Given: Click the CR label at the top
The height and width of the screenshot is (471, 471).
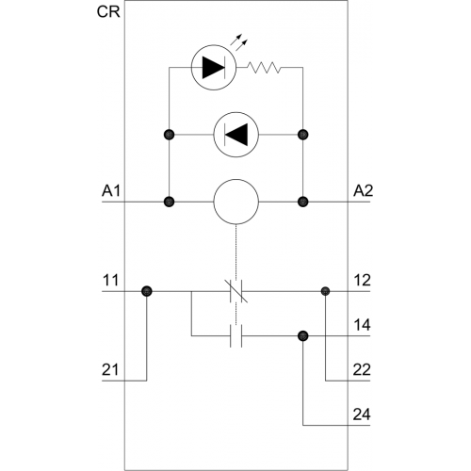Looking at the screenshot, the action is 108,12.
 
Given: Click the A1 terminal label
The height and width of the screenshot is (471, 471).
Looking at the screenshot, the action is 111,190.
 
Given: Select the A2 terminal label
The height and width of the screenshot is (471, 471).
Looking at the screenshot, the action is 363,190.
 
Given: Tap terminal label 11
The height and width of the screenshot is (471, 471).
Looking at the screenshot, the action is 110,280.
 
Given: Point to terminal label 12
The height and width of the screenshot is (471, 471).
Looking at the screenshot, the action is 363,280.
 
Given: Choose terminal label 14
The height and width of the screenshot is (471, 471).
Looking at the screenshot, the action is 363,325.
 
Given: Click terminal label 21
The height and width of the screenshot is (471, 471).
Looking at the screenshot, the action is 110,369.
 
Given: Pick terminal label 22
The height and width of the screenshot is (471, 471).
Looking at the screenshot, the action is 362,369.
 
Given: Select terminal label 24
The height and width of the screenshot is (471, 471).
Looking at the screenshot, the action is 362,414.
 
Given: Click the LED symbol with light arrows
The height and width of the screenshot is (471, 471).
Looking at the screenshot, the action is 214,68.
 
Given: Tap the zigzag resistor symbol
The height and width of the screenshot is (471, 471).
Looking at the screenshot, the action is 264,68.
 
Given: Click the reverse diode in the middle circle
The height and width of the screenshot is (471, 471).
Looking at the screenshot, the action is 236,135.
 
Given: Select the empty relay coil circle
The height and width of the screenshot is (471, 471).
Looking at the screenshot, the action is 236,202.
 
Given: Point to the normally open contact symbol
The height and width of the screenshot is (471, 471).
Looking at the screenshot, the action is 236,336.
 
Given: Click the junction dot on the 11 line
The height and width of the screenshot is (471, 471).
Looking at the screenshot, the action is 147,291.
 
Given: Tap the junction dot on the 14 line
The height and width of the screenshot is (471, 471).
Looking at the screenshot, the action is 303,336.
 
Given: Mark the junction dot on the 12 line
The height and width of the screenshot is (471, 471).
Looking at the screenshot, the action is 325,291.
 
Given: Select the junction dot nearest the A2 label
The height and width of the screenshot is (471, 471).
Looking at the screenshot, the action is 303,202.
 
